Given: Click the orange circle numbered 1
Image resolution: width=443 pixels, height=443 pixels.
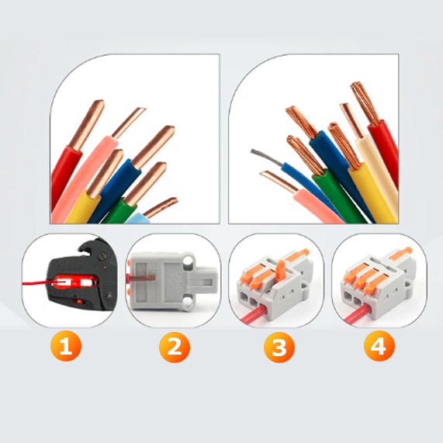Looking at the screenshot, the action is [x=66, y=346].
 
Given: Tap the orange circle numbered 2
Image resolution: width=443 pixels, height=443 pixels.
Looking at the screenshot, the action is [x=175, y=347].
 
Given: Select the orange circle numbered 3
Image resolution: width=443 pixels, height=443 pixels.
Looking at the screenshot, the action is [x=279, y=348].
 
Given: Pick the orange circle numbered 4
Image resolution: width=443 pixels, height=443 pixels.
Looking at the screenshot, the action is [x=379, y=346].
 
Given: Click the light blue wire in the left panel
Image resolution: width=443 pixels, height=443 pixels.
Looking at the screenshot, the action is [x=137, y=218].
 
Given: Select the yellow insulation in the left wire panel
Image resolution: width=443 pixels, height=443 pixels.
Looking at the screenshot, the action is [x=83, y=208].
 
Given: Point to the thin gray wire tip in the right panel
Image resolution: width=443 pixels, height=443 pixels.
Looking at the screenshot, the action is [x=265, y=156].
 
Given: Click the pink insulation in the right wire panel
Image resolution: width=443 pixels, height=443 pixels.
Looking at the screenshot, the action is [x=318, y=206].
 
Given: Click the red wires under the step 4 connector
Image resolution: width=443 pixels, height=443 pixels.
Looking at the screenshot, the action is [x=357, y=313].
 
